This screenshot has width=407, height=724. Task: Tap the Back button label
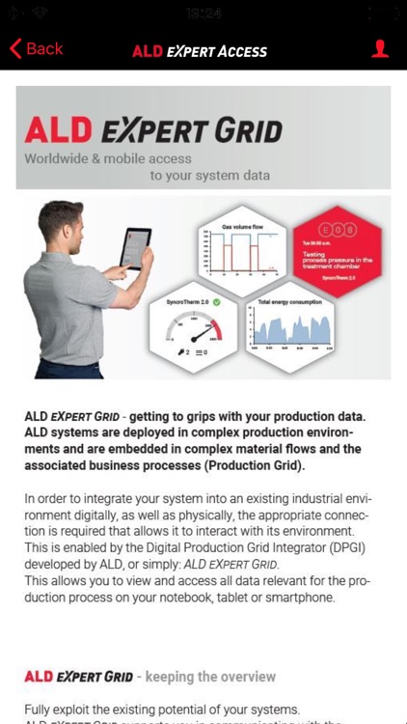coord(45,48)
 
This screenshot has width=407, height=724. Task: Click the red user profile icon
coord(380,48)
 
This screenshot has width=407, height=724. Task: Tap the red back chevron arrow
coord(14,48)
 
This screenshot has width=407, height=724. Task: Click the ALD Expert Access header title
coord(200,51)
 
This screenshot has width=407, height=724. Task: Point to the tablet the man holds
coord(135,247)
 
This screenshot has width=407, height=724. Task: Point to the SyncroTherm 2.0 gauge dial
coord(195,337)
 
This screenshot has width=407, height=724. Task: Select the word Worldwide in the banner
coord(62,158)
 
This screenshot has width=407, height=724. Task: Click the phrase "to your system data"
coord(209,176)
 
